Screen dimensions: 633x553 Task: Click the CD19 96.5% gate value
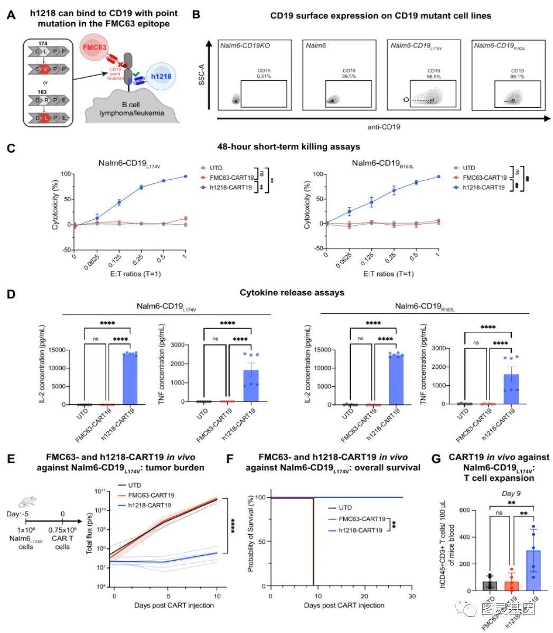coord(434,73)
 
